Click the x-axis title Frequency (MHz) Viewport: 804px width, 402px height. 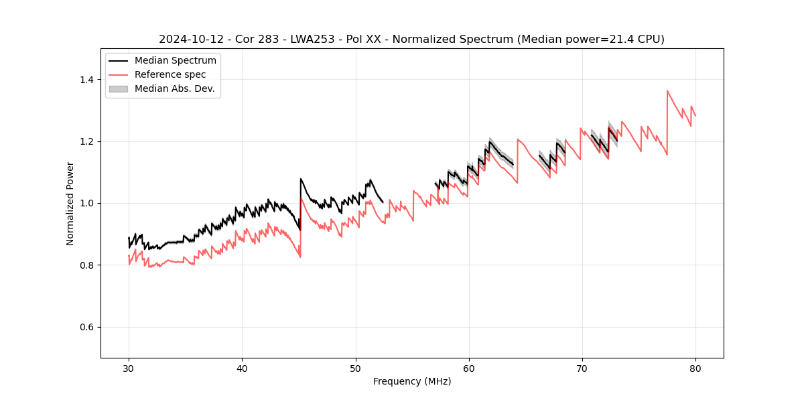coord(412,381)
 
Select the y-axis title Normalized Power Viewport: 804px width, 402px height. coord(70,203)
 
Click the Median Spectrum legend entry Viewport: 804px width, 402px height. coord(175,61)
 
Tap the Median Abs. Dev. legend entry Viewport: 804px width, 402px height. coord(174,88)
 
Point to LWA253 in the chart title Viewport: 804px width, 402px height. coord(318,40)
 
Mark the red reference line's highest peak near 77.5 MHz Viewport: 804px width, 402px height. coord(667,90)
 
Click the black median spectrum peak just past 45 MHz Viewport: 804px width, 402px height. coord(301,179)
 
